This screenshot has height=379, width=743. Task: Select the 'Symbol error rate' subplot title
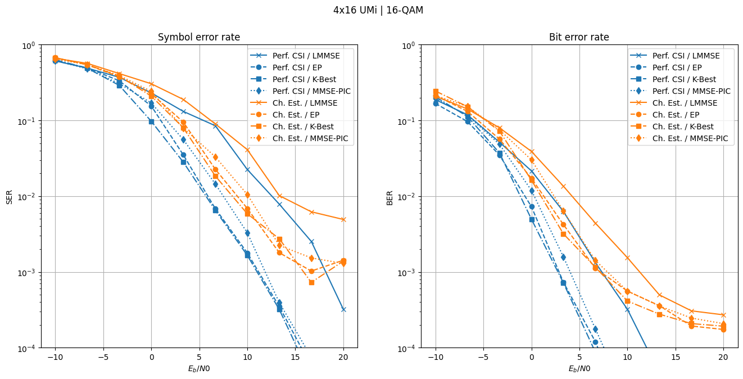(199, 38)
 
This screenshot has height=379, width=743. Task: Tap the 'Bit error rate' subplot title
(579, 38)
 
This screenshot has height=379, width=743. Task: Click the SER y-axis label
(10, 196)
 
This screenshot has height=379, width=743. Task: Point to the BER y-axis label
(389, 196)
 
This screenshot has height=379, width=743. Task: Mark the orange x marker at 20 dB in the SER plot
(343, 219)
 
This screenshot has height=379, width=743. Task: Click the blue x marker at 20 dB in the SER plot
(343, 309)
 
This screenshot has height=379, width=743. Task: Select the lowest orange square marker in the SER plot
(311, 282)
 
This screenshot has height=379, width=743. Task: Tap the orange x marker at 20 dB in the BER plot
(723, 315)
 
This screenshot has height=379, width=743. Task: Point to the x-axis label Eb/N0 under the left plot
(199, 369)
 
